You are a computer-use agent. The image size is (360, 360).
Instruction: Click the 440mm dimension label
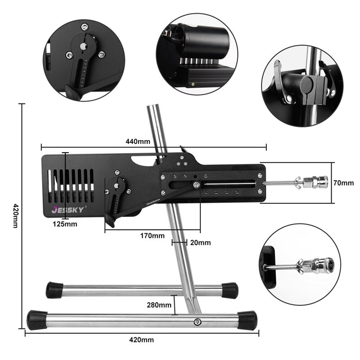coord(138,141)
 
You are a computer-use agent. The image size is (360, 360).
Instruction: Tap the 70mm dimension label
coord(344,183)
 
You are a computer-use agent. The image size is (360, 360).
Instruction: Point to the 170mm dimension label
coord(152,235)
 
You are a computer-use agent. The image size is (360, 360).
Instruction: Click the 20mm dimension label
coord(199,243)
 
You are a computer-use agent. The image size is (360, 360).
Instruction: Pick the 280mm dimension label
coord(159,305)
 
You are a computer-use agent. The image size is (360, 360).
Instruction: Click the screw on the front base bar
coord(197,321)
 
